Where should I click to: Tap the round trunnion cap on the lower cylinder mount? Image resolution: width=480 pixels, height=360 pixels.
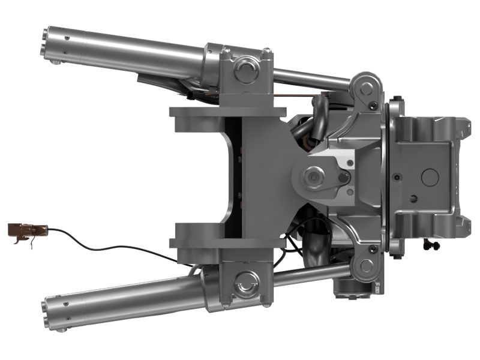pos(246,281)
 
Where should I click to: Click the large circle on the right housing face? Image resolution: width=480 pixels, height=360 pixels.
pos(430,176)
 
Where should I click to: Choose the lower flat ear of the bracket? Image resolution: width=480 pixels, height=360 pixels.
pos(228,242)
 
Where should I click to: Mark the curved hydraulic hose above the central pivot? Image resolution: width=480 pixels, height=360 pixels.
pos(319,114)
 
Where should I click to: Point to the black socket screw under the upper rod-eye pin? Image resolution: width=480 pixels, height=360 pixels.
pos(374,106)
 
